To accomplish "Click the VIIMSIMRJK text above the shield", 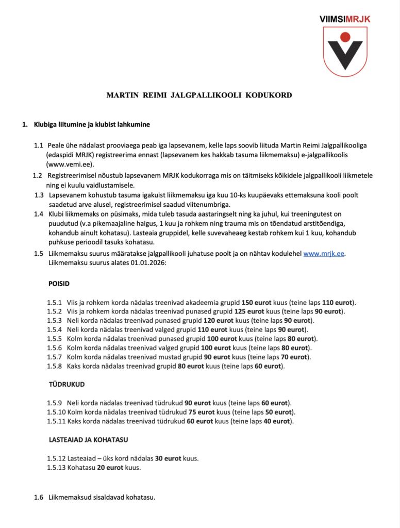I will [345, 19].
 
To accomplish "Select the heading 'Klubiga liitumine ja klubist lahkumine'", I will [92, 125].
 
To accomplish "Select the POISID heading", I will [59, 284].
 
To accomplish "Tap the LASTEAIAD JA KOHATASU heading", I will [88, 440].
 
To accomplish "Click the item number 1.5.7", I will [54, 357].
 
